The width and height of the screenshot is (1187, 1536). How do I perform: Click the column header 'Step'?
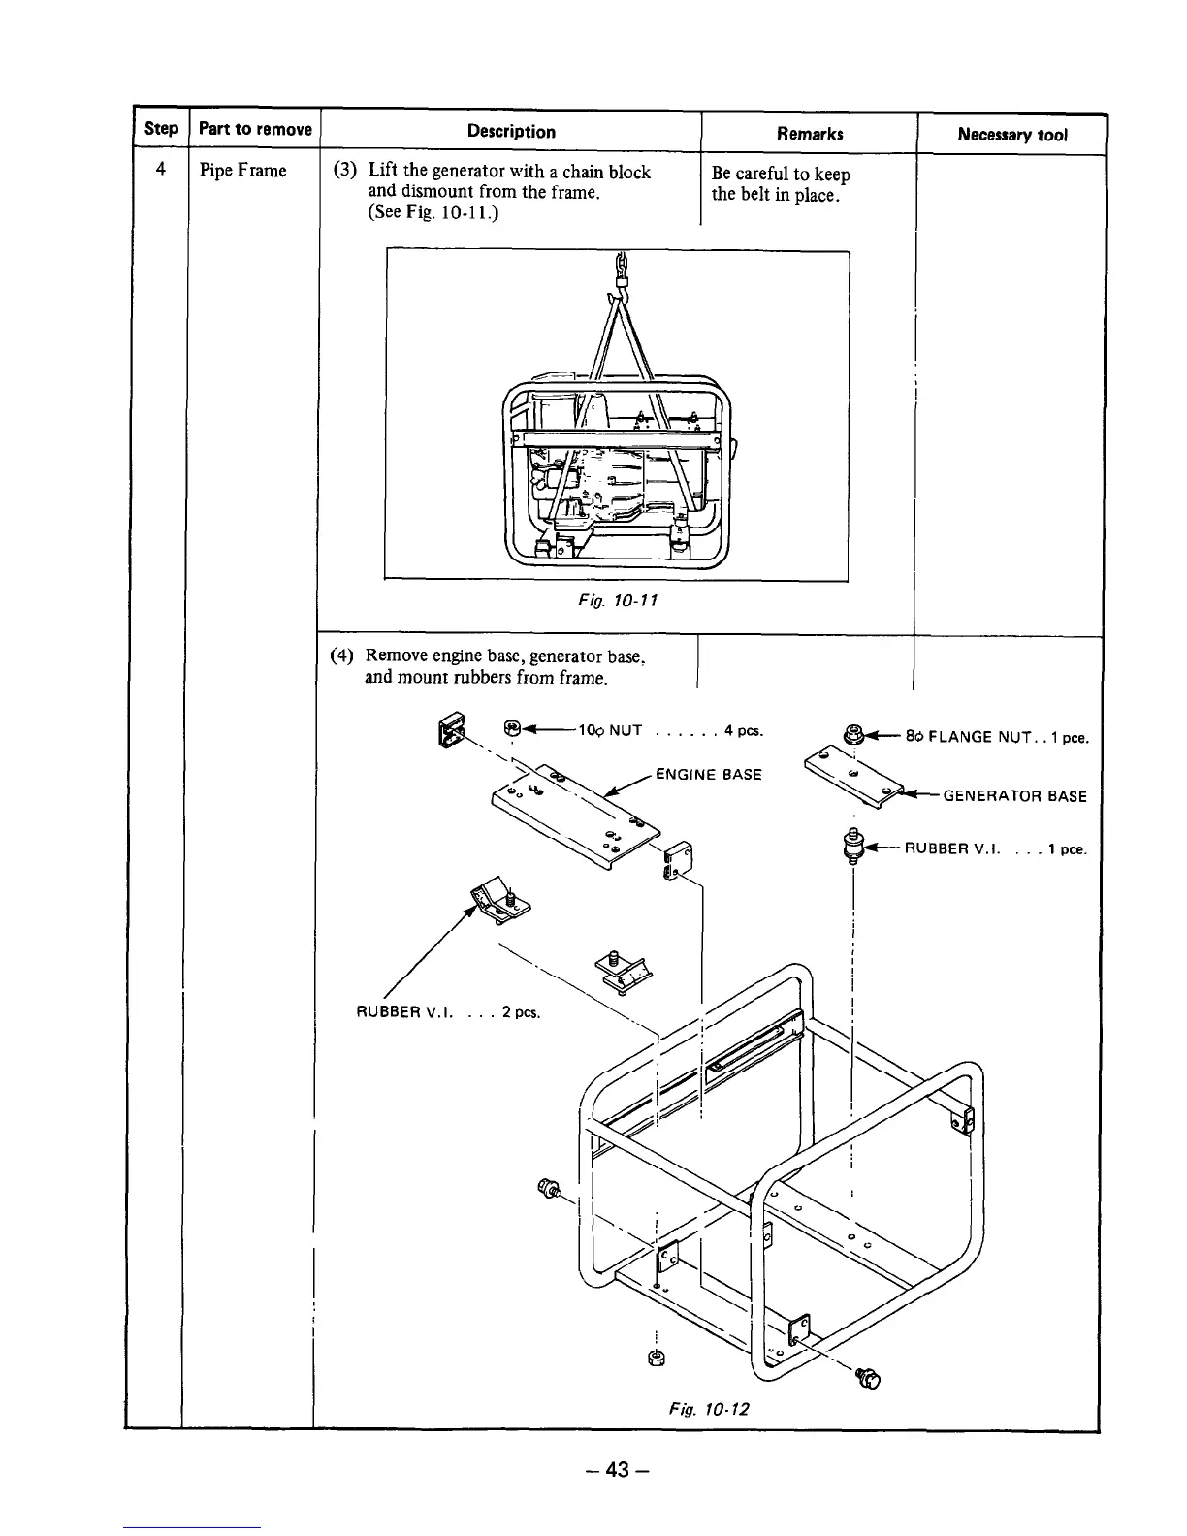click(161, 130)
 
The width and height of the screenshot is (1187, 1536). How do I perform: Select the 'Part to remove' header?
click(255, 130)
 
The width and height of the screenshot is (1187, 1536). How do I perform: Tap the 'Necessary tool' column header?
click(1011, 135)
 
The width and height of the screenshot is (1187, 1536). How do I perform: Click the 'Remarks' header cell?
click(810, 134)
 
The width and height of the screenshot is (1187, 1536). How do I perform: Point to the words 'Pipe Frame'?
click(242, 172)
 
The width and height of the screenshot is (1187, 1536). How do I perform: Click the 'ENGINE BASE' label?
click(708, 774)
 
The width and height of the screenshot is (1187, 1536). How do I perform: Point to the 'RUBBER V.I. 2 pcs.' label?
click(448, 1013)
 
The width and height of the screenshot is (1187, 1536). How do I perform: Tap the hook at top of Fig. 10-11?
click(620, 282)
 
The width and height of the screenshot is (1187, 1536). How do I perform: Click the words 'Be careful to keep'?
click(781, 175)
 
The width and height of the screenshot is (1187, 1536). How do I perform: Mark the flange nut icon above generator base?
click(854, 734)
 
